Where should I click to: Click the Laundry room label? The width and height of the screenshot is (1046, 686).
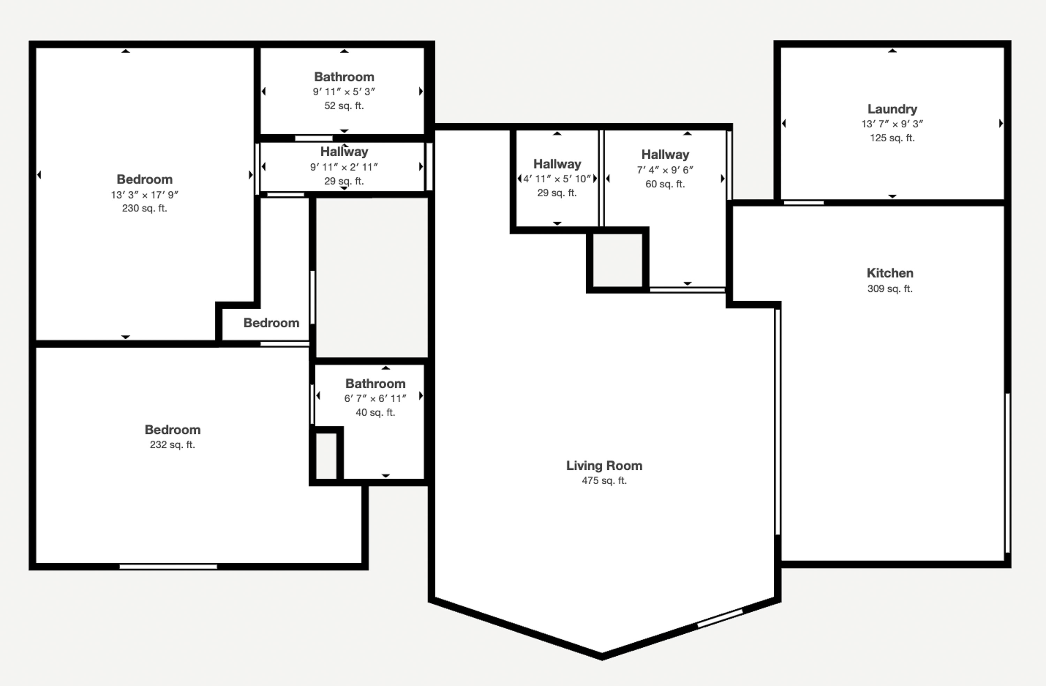(892, 109)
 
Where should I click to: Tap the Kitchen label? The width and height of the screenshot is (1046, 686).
(890, 273)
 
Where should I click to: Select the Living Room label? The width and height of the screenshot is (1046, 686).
(604, 466)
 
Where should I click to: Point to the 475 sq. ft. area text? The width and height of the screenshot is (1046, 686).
(604, 480)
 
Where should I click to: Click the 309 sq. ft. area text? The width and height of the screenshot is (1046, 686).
(890, 289)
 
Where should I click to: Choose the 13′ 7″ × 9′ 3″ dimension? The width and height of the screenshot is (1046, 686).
(892, 124)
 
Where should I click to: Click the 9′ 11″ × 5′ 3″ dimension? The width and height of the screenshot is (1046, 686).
(344, 92)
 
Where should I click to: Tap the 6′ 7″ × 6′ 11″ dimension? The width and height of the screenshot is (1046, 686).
(375, 398)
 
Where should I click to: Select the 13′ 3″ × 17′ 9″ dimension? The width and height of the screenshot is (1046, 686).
(145, 195)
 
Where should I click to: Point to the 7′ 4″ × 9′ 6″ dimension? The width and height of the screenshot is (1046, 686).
(665, 170)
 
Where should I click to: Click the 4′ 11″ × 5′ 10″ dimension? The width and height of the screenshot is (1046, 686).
(557, 179)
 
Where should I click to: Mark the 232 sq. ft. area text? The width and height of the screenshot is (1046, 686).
(172, 445)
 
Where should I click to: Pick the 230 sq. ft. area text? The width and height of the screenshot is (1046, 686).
(145, 208)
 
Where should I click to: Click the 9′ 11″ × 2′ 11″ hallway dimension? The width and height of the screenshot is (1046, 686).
(344, 167)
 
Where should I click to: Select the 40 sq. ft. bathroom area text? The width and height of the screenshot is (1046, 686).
(375, 412)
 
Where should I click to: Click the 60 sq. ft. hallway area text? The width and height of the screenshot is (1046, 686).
(665, 184)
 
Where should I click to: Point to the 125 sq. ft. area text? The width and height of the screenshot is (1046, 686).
(892, 138)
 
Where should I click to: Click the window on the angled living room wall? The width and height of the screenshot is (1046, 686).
(720, 618)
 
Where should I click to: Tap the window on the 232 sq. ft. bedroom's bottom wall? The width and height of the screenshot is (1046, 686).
(168, 567)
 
